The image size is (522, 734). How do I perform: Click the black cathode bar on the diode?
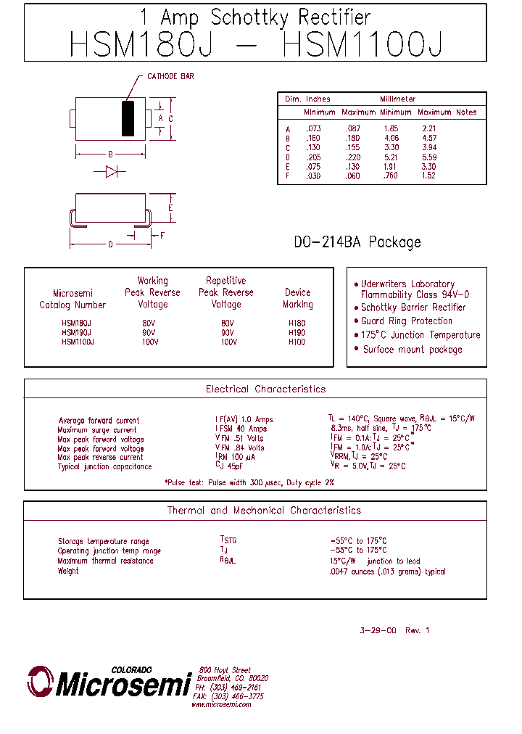click(x=128, y=119)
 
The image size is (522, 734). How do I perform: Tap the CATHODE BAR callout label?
click(x=170, y=76)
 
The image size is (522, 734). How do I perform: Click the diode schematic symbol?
click(x=112, y=172)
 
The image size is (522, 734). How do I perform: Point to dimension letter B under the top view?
click(x=110, y=154)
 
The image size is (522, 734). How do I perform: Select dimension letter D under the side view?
click(x=110, y=244)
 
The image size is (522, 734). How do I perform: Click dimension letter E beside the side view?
click(x=170, y=209)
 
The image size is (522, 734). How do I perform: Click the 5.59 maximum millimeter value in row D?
click(x=429, y=157)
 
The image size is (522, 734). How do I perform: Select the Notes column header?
click(x=466, y=112)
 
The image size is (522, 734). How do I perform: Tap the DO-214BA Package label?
click(x=357, y=242)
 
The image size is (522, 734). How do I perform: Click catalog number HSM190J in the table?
click(x=77, y=333)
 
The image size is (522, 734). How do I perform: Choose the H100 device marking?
click(x=297, y=342)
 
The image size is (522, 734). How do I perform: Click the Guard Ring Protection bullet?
click(x=407, y=321)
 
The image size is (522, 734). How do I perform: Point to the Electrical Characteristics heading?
click(x=265, y=389)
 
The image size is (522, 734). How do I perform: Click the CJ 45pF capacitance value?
click(x=231, y=467)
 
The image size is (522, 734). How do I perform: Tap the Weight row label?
click(x=68, y=572)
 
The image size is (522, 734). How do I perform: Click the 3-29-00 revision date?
click(x=378, y=631)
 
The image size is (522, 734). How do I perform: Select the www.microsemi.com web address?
click(x=221, y=705)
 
